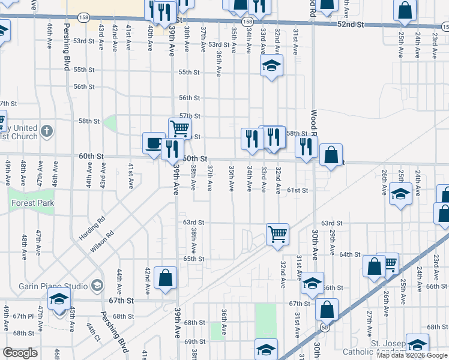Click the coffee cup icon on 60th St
point(154,143)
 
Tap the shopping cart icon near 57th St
point(179,128)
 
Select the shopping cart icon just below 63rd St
point(277,233)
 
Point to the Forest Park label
point(33,203)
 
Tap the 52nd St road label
point(351,24)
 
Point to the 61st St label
point(297,190)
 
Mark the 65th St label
point(194,259)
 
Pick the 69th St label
point(194,341)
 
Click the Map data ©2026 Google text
point(412,355)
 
